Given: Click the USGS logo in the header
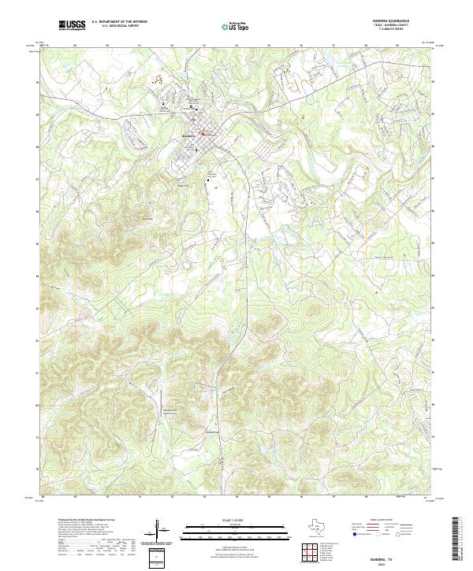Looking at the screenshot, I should point(72,25).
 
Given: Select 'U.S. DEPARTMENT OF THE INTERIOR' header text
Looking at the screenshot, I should point(119,22).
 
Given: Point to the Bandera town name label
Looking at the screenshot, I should point(188,135).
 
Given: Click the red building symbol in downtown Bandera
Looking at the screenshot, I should point(203,133).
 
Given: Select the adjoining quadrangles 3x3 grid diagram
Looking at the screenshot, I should point(309,553).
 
